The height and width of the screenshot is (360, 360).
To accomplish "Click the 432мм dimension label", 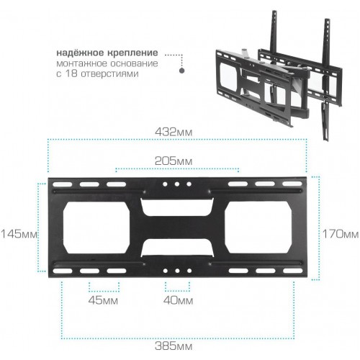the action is pos(174,132).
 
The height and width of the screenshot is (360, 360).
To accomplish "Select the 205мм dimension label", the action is pos(174,161).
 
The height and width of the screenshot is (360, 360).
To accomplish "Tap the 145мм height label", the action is pos(19,233).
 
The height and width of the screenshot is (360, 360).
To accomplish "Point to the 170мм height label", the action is pos(341,234).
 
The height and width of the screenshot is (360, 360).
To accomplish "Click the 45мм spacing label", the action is pos(103,300).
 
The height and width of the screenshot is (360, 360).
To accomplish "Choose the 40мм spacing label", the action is pos(178,300).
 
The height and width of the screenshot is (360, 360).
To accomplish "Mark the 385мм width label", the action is pos(174,346).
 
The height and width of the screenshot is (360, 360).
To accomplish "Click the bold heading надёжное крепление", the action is pos(107,53).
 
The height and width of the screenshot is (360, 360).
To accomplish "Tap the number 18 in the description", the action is pos(71,73).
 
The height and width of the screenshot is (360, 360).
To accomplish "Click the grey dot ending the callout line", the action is pos(182,71).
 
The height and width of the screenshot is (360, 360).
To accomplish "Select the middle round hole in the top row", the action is pos(177,184).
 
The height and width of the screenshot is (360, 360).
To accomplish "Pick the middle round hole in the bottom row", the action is pos(177,271).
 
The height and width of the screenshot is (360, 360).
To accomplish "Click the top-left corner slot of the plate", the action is pos(63,184).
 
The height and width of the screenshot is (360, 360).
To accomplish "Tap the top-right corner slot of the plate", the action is pos(292,184).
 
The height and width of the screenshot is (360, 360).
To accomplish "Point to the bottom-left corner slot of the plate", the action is pos(63,271).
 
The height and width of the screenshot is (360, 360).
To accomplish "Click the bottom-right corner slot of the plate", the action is pos(292,271).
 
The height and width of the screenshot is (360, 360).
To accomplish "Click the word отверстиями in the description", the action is pos(109,73).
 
